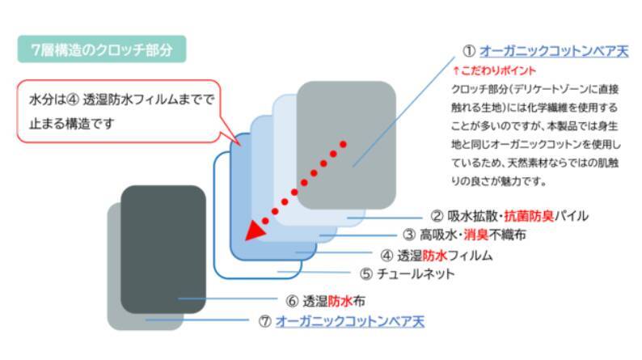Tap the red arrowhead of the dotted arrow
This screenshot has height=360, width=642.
256,231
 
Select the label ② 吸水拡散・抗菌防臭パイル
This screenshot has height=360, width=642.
509,216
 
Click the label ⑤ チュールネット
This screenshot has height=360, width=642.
407,273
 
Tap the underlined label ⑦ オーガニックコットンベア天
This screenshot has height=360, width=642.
340,320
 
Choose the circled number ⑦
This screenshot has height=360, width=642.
264,320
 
